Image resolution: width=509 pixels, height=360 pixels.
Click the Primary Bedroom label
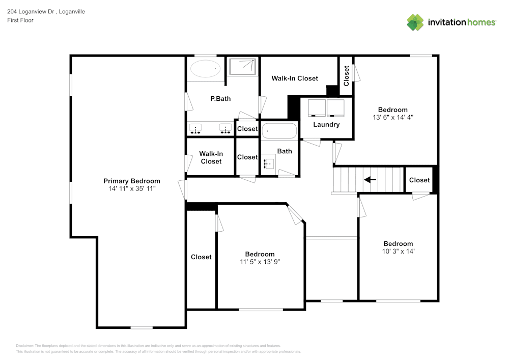[x=132, y=181]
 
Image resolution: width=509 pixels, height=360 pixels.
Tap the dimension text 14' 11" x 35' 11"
[x=132, y=188]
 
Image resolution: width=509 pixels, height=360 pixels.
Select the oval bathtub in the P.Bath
[x=205, y=68]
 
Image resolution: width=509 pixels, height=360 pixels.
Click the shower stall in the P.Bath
[x=242, y=67]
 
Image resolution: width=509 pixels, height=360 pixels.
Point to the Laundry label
[x=326, y=124]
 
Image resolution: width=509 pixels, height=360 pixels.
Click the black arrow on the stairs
[x=370, y=180]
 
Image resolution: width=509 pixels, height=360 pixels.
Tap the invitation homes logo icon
[x=415, y=22]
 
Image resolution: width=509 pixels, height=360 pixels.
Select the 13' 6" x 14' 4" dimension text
[x=392, y=117]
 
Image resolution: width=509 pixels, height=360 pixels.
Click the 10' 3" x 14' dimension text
[x=398, y=251]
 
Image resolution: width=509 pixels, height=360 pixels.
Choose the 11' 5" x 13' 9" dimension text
[x=260, y=262]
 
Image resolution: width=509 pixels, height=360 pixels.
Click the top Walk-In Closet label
[x=295, y=78]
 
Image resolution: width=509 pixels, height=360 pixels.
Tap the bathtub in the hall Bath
[x=279, y=131]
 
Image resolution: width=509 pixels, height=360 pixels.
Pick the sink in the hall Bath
[x=269, y=164]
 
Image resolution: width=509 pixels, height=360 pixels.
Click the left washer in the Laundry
[x=317, y=108]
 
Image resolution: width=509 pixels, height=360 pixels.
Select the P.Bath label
[x=220, y=98]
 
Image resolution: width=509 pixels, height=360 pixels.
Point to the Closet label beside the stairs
[x=419, y=180]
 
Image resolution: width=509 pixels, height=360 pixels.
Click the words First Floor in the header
[x=20, y=20]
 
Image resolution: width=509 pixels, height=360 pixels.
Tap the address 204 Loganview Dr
[x=31, y=11]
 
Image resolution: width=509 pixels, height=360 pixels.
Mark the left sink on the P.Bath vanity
[x=195, y=128]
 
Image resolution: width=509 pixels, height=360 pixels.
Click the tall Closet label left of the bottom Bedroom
[x=201, y=257]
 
